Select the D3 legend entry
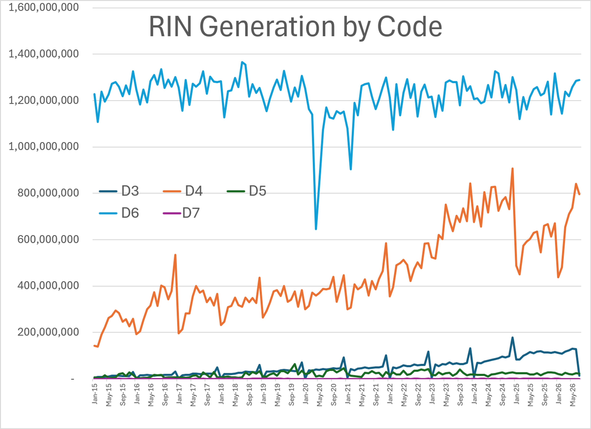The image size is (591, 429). tap(119, 191)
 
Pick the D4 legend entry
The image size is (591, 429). tap(183, 191)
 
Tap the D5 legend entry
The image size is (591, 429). tap(247, 191)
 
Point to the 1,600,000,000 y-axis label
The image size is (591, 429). tap(44, 7)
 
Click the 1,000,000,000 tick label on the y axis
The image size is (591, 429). tap(44, 147)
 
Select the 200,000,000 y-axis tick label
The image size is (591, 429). tap(48, 332)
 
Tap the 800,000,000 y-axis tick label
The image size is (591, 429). tap(48, 193)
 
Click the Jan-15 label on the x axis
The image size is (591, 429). tap(95, 394)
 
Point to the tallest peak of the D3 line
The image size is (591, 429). tap(512, 338)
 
